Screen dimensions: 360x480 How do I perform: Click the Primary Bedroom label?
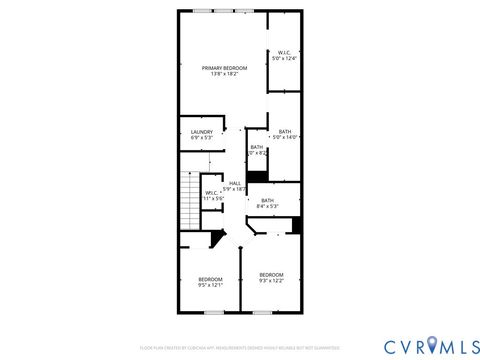[224, 68]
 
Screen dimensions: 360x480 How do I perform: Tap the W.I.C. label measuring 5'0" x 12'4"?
[285, 54]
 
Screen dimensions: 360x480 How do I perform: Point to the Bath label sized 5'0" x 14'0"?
[285, 132]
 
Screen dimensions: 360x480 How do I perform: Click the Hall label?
[235, 183]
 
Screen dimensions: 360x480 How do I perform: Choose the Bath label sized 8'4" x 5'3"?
[267, 201]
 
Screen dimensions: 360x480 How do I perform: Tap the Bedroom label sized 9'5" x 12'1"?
[209, 279]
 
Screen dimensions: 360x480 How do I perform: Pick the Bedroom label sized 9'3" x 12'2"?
[271, 275]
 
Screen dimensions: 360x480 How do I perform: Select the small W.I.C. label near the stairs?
[212, 193]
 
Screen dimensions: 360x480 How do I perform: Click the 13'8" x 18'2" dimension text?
[224, 74]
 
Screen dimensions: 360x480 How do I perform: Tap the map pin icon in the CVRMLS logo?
[433, 345]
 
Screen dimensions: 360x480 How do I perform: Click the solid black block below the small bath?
[257, 177]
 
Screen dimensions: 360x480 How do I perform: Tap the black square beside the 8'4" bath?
[297, 225]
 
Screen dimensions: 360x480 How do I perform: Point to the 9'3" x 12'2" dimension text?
[271, 281]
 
